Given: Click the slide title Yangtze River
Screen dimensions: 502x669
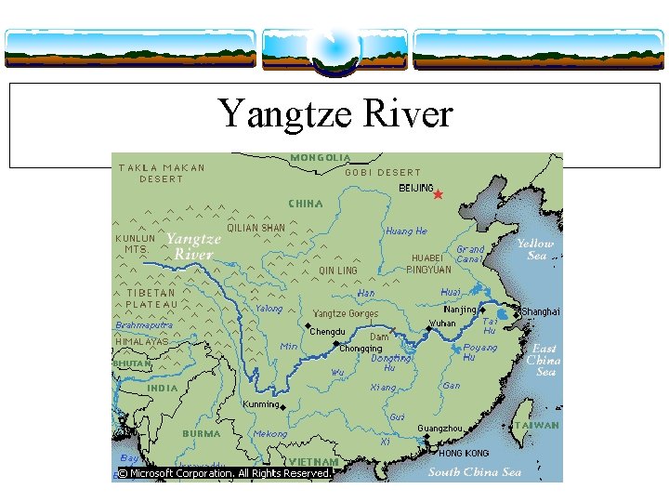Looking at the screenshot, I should click(335, 114).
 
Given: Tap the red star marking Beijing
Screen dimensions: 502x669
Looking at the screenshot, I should click(438, 194).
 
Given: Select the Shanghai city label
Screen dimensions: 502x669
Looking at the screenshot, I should click(541, 312).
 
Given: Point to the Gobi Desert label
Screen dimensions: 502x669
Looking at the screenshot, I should click(383, 172).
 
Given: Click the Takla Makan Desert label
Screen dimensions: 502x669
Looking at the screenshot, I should click(162, 173).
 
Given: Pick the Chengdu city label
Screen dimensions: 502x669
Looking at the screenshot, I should click(327, 332).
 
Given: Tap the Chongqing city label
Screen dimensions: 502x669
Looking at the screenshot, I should click(361, 349).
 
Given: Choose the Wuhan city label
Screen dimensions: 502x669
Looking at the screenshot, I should click(441, 324).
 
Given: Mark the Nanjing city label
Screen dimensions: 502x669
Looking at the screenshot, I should click(460, 310).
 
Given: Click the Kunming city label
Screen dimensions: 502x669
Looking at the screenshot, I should click(261, 404).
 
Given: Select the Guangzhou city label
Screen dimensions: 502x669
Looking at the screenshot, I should click(439, 429).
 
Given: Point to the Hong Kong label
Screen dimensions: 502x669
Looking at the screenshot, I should click(464, 453).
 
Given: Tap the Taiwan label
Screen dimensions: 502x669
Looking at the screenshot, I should click(537, 425).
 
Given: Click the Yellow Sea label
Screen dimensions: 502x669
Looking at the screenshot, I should click(536, 249).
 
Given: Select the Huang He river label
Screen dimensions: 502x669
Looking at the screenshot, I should click(406, 231).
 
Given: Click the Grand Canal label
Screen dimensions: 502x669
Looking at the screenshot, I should click(470, 254).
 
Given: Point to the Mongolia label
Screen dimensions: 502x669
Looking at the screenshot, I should click(321, 158).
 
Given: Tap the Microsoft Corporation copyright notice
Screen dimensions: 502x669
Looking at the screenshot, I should click(224, 473).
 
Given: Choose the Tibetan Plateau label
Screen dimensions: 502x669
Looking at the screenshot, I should click(152, 298).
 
